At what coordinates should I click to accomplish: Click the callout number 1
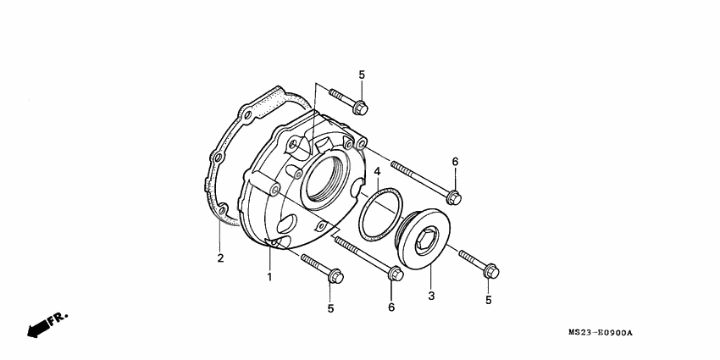[269, 277]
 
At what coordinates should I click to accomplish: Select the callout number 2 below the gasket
[219, 258]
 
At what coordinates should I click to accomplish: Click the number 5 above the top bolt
[362, 75]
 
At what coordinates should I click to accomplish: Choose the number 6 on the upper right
[454, 162]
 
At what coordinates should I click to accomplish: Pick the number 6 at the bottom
[391, 306]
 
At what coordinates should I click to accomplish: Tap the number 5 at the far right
[489, 299]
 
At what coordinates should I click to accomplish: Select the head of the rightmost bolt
[490, 270]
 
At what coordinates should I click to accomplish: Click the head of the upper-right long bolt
[453, 197]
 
